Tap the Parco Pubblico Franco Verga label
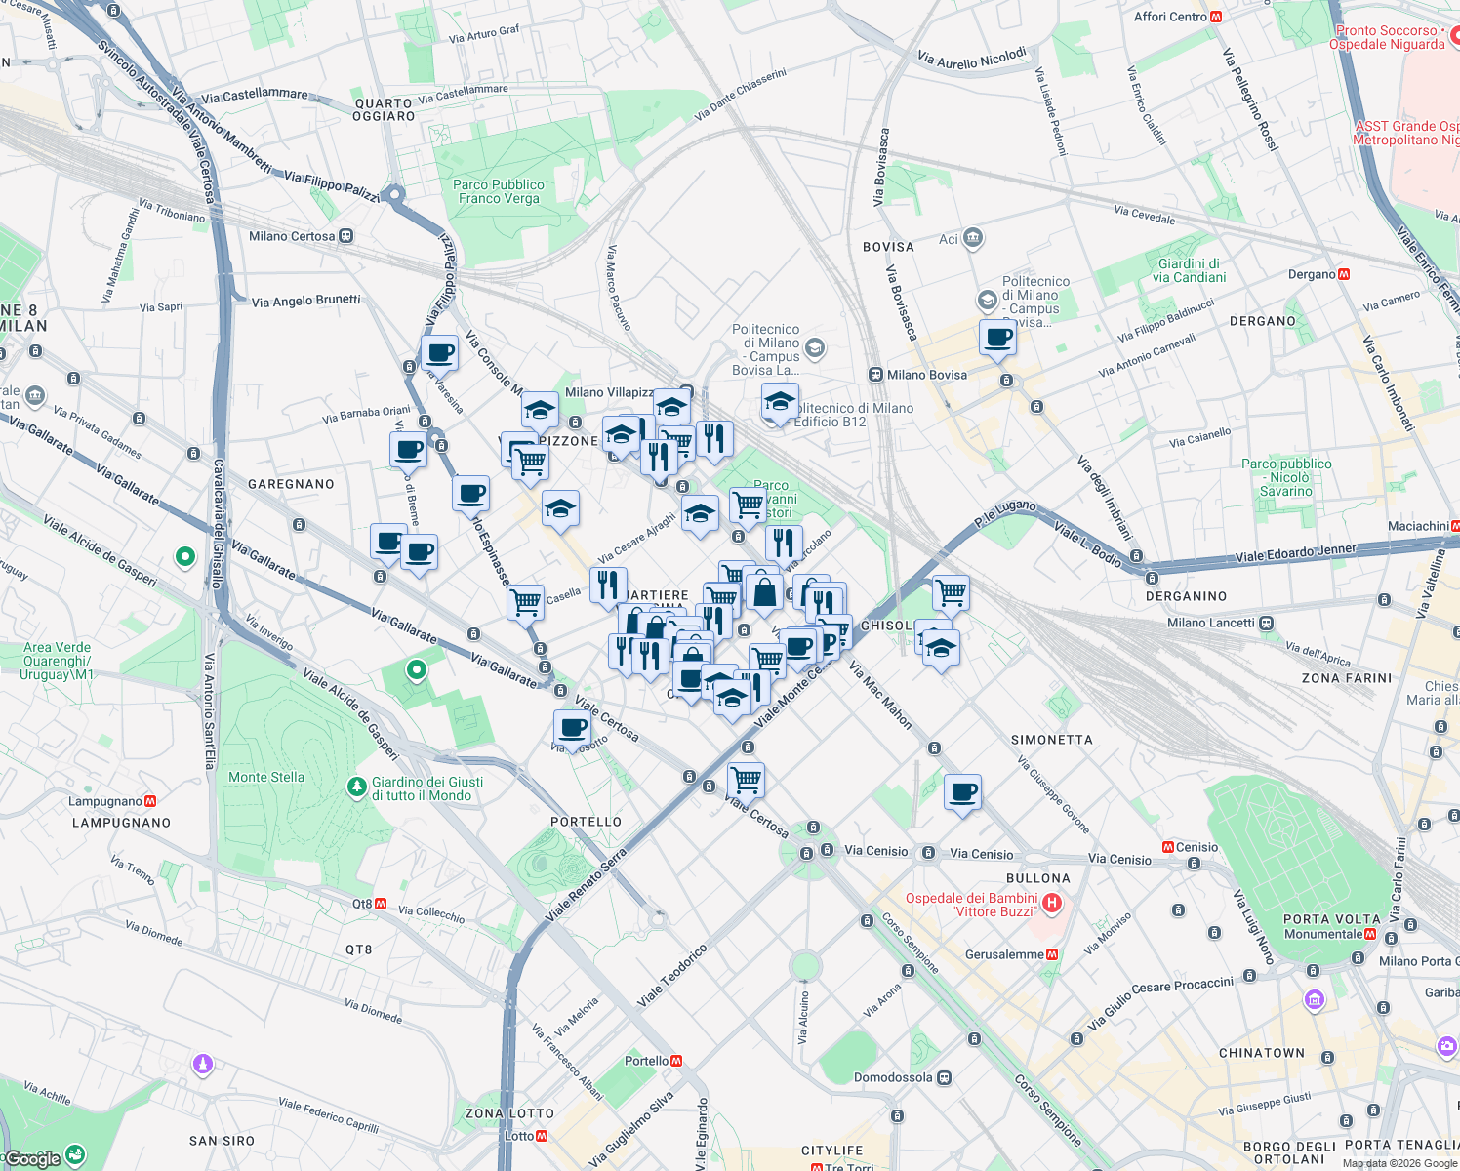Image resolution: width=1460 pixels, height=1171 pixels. click(x=499, y=191)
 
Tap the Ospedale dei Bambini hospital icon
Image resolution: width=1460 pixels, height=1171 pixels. click(x=1052, y=904)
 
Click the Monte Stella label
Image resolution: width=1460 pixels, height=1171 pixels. click(x=266, y=777)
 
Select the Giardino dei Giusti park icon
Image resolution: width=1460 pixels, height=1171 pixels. click(x=357, y=786)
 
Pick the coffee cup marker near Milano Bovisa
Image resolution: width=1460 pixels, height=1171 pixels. click(x=997, y=339)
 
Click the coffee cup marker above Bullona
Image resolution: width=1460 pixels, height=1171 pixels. click(x=962, y=791)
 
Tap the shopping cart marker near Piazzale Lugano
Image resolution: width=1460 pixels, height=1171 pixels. click(x=950, y=591)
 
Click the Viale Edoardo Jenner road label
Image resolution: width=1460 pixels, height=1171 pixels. click(x=1295, y=552)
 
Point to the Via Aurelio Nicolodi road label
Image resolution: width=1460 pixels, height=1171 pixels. click(x=972, y=59)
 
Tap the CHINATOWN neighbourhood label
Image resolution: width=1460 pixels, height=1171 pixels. click(x=1261, y=1053)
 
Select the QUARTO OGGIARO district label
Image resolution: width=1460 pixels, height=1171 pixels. click(x=384, y=109)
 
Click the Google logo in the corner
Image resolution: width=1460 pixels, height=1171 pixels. click(x=34, y=1158)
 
